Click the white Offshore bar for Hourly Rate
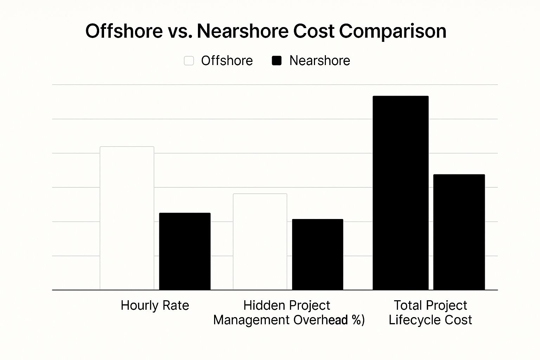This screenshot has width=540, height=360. click(127, 218)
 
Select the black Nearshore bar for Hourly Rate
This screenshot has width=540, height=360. click(185, 251)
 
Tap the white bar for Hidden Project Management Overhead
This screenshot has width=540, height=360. click(260, 242)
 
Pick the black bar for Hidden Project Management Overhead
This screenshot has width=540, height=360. click(317, 254)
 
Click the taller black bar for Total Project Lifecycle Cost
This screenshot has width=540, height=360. click(400, 193)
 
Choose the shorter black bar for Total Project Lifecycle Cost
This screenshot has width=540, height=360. click(459, 232)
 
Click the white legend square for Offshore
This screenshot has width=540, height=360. click(189, 61)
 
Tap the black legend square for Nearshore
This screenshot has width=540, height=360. click(277, 61)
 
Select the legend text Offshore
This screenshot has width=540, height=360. click(227, 61)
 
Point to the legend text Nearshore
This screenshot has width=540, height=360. click(320, 61)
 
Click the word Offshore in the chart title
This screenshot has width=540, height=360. click(124, 31)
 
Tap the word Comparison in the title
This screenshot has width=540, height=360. click(392, 32)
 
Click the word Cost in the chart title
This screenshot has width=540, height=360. click(313, 31)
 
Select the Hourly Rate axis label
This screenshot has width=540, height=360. click(155, 306)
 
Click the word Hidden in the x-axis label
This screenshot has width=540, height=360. click(261, 305)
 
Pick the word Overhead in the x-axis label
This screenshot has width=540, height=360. click(320, 320)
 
